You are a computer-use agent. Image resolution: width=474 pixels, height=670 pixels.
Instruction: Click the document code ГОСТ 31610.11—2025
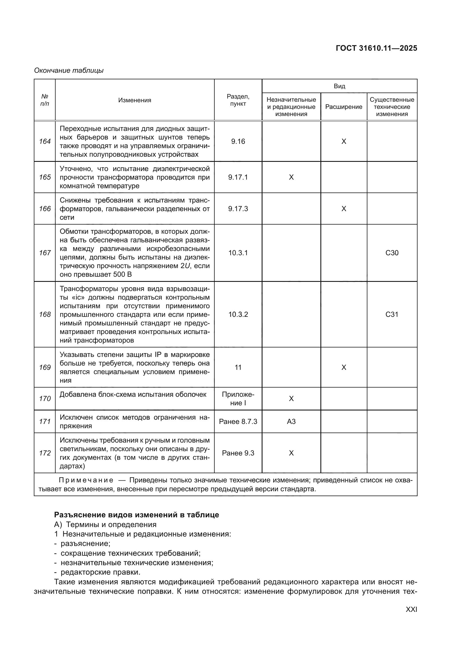(376, 48)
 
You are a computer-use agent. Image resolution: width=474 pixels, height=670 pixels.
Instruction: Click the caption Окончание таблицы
(69, 70)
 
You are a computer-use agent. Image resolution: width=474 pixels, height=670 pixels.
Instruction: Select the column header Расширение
(344, 107)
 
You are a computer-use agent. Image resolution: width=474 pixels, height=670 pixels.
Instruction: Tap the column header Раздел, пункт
(238, 100)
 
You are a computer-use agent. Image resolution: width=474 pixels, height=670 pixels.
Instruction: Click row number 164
(45, 141)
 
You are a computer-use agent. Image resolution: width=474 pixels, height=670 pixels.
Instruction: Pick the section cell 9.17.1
(238, 177)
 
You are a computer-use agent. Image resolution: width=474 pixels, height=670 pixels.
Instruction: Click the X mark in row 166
(344, 209)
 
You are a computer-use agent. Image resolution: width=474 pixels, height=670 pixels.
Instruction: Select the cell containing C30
(392, 253)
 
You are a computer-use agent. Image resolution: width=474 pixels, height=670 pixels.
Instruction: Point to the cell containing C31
(392, 314)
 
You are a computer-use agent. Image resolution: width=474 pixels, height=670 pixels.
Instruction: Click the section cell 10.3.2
(238, 314)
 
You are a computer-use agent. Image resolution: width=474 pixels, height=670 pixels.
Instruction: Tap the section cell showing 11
(238, 368)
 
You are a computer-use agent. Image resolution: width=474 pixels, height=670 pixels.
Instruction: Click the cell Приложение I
(238, 399)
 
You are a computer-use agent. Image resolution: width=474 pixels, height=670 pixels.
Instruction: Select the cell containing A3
(291, 421)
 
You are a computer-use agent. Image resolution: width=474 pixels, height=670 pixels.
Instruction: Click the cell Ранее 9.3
(238, 453)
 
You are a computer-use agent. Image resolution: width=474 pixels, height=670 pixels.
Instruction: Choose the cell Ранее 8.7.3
(238, 421)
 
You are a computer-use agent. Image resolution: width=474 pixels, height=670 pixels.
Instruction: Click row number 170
(45, 399)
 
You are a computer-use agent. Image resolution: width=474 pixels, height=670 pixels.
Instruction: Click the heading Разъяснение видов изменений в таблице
(136, 515)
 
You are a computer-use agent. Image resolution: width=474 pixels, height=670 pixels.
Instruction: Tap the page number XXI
(411, 609)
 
